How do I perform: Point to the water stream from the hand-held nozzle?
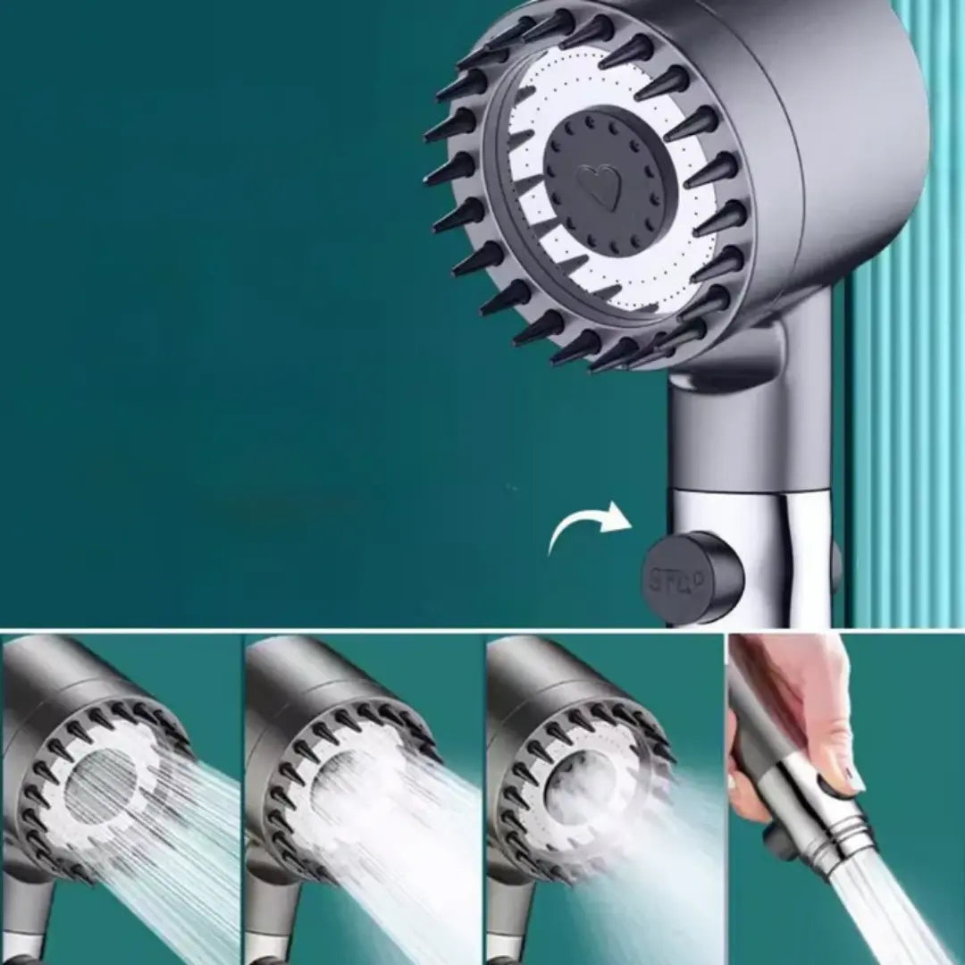click(x=885, y=911)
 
